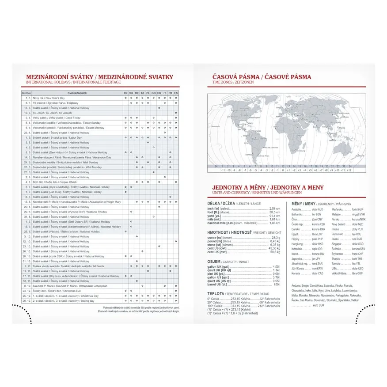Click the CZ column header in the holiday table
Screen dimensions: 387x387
point(125,93)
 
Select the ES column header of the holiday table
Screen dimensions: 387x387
point(176,93)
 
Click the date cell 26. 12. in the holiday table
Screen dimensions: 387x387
point(26,300)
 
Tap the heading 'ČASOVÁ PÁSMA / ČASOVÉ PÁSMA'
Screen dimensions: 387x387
point(262,77)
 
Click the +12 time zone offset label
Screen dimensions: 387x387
point(349,170)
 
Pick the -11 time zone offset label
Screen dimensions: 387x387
point(223,170)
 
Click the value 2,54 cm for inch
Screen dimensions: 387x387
point(275,209)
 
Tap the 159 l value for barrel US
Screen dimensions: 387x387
point(276,285)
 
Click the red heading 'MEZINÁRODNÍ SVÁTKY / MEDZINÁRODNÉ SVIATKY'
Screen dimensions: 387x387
point(99,77)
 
